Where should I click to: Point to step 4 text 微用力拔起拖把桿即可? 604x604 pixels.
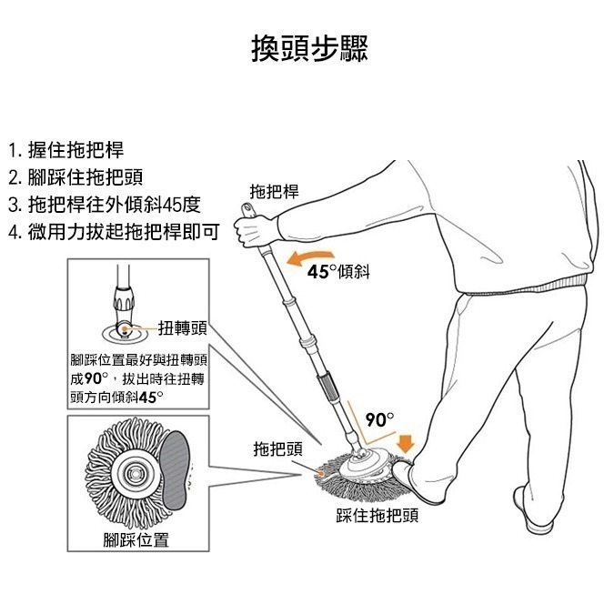pos(113,230)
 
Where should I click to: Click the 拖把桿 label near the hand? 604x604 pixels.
pos(274,191)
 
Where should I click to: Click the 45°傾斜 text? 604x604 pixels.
pos(337,272)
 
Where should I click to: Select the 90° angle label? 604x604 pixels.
pos(378,420)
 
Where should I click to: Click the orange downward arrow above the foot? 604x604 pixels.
pos(406,443)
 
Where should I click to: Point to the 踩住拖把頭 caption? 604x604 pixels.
pos(377,516)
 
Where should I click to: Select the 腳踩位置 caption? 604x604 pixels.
pos(136,540)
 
